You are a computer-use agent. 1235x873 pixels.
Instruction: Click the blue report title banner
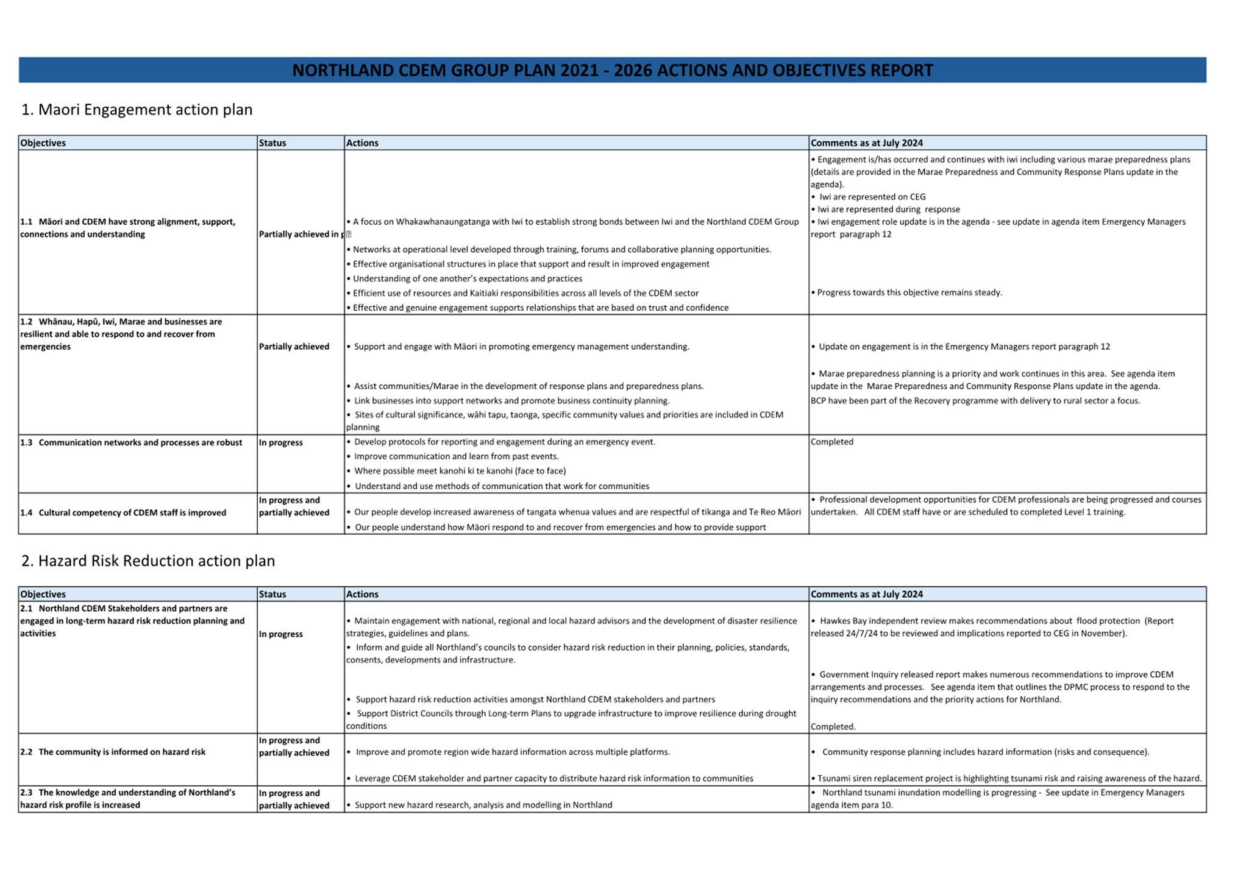tap(612, 70)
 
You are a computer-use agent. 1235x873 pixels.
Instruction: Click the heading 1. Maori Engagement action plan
tap(137, 110)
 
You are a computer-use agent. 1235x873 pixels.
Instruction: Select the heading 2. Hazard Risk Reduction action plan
tap(148, 560)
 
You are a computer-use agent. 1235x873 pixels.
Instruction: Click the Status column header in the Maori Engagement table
tap(272, 143)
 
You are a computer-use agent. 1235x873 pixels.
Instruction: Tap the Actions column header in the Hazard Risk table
tap(362, 594)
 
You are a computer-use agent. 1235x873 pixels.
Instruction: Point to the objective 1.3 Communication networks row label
tap(131, 442)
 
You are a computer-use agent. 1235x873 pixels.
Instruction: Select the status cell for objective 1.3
tap(281, 442)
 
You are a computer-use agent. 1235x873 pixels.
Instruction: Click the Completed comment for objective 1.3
tap(832, 442)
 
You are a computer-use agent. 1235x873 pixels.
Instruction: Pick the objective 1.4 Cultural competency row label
tap(123, 512)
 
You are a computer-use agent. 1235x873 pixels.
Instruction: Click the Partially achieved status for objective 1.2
tap(294, 347)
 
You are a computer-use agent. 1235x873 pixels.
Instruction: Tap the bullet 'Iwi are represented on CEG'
tap(872, 197)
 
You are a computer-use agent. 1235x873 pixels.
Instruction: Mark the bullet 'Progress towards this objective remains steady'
tap(909, 292)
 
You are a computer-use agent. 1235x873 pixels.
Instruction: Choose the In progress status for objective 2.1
tap(281, 634)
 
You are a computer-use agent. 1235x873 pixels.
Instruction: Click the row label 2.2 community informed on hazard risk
tap(113, 752)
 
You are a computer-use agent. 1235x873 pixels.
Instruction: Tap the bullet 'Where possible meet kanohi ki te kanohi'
tap(460, 471)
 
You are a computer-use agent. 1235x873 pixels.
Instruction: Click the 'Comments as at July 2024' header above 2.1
tap(866, 594)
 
